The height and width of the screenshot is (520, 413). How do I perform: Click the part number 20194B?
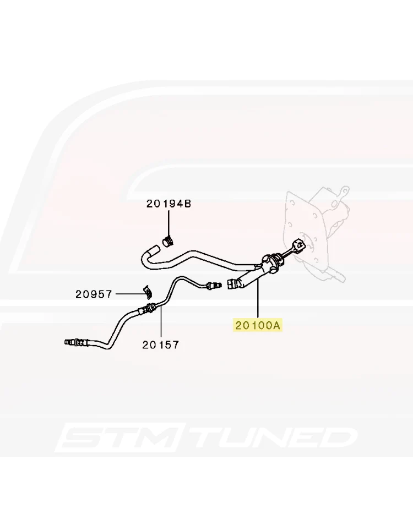(169, 204)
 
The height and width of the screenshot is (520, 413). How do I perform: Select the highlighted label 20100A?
(258, 325)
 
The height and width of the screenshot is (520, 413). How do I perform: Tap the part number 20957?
(94, 294)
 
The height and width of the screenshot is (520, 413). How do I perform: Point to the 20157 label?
(161, 345)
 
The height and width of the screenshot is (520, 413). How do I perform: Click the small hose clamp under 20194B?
(169, 242)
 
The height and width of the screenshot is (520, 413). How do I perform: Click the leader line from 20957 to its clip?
(129, 294)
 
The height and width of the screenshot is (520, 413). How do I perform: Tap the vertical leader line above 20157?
(161, 322)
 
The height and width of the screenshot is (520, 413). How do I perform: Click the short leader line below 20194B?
(169, 223)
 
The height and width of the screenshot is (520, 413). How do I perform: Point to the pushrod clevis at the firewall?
(298, 246)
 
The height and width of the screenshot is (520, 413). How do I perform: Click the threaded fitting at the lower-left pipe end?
(73, 341)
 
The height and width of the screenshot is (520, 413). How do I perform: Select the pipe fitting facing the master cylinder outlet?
(213, 284)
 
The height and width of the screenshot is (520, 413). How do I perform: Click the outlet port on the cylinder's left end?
(233, 284)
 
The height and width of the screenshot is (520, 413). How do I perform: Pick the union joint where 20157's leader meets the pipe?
(148, 309)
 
